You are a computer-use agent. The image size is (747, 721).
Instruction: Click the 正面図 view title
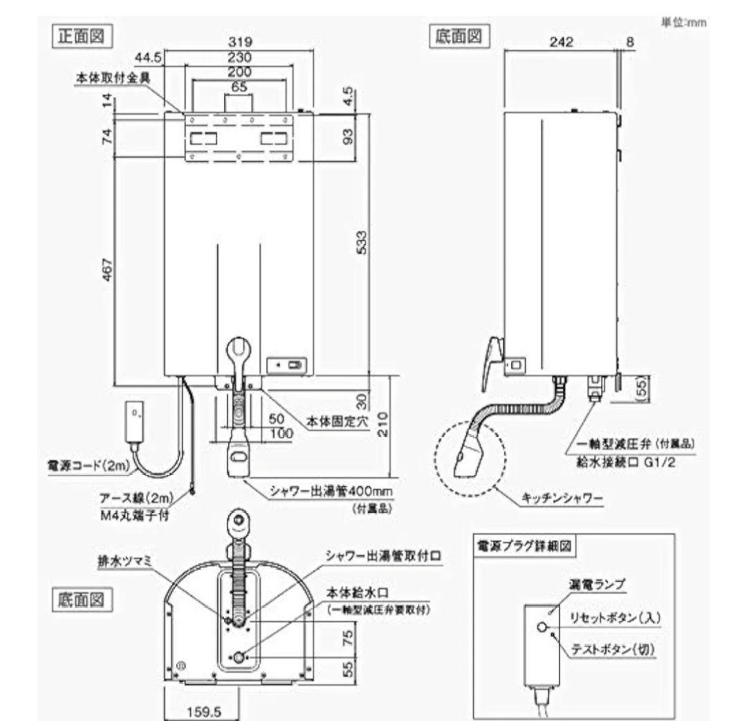tap(82, 36)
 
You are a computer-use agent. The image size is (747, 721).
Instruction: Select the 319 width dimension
tap(239, 42)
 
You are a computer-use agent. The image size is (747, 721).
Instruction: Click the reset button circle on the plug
tap(543, 627)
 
